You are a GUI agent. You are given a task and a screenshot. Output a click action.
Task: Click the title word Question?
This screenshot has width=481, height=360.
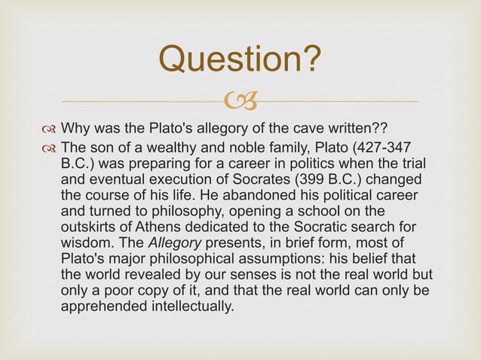coord(240,59)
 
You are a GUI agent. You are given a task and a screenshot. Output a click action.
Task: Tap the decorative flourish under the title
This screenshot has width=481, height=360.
coord(240,99)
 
